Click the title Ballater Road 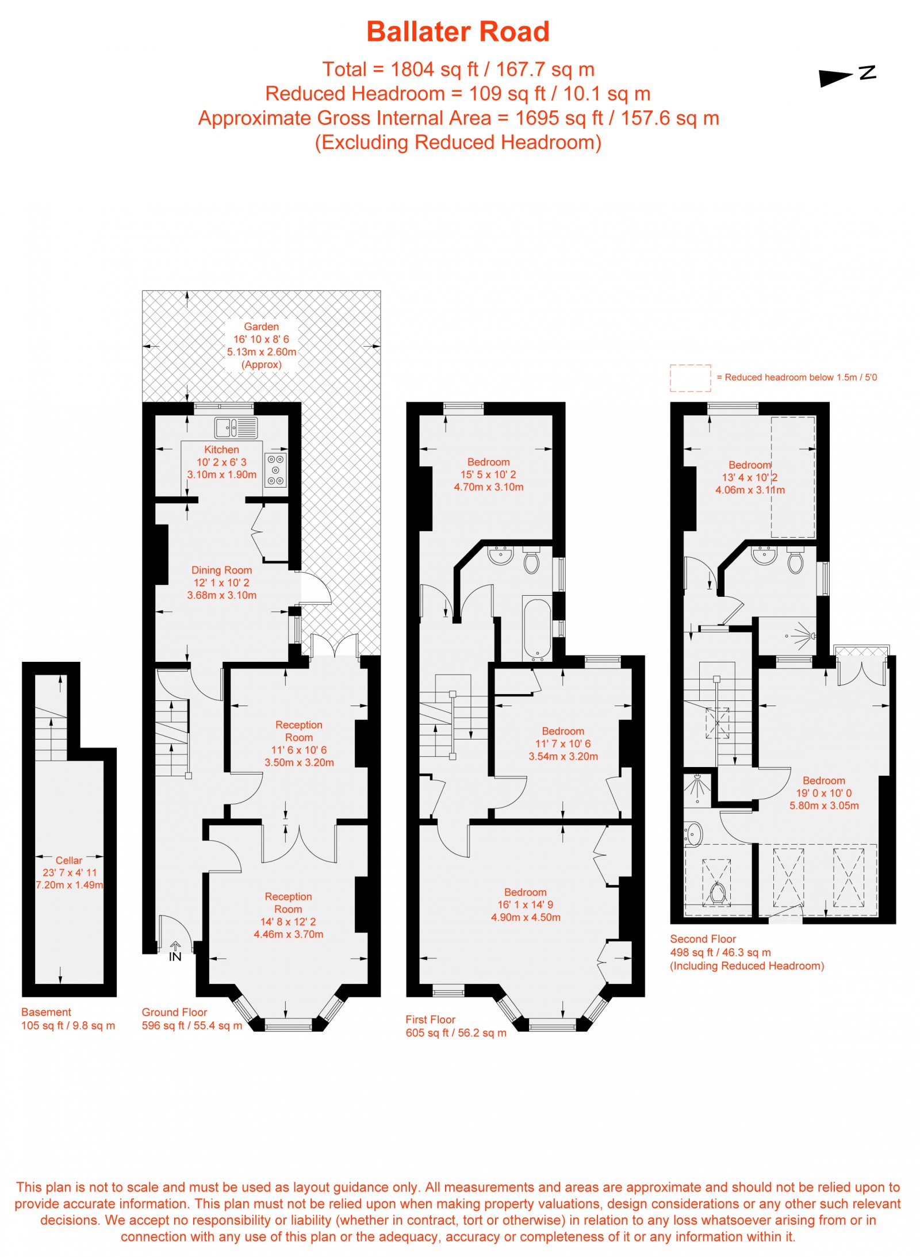pos(458,32)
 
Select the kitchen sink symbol pos(236,428)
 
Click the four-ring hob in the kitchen pos(275,470)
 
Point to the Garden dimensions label pos(261,345)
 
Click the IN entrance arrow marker pos(175,952)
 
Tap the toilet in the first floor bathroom pos(531,562)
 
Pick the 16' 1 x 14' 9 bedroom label pos(525,905)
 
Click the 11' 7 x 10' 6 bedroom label pos(562,744)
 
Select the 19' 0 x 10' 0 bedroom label pos(823,793)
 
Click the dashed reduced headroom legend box pos(689,378)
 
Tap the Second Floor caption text pos(703,939)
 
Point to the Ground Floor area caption pos(191,1019)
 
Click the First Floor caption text pos(430,1020)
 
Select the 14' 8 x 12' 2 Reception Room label pos(288,915)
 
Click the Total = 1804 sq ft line pos(458,70)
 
